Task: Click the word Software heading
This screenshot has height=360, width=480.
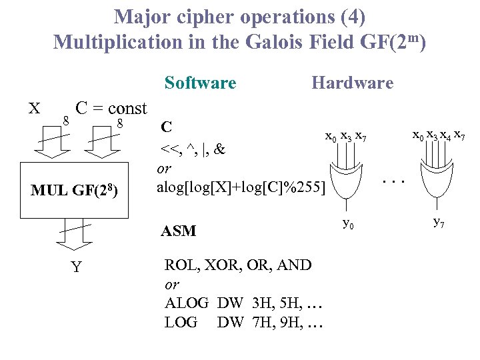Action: point(200,83)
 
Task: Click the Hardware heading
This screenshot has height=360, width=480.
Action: point(352,83)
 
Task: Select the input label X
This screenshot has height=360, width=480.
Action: point(35,109)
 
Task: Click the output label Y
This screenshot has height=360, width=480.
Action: point(76,267)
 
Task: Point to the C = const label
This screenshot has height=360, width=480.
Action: point(111,108)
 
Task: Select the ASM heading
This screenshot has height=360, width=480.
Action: point(178,231)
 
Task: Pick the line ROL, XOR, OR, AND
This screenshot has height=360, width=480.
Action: point(237,265)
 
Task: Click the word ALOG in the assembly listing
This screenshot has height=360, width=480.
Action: point(186,304)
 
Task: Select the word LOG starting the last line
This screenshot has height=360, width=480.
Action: point(181,323)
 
